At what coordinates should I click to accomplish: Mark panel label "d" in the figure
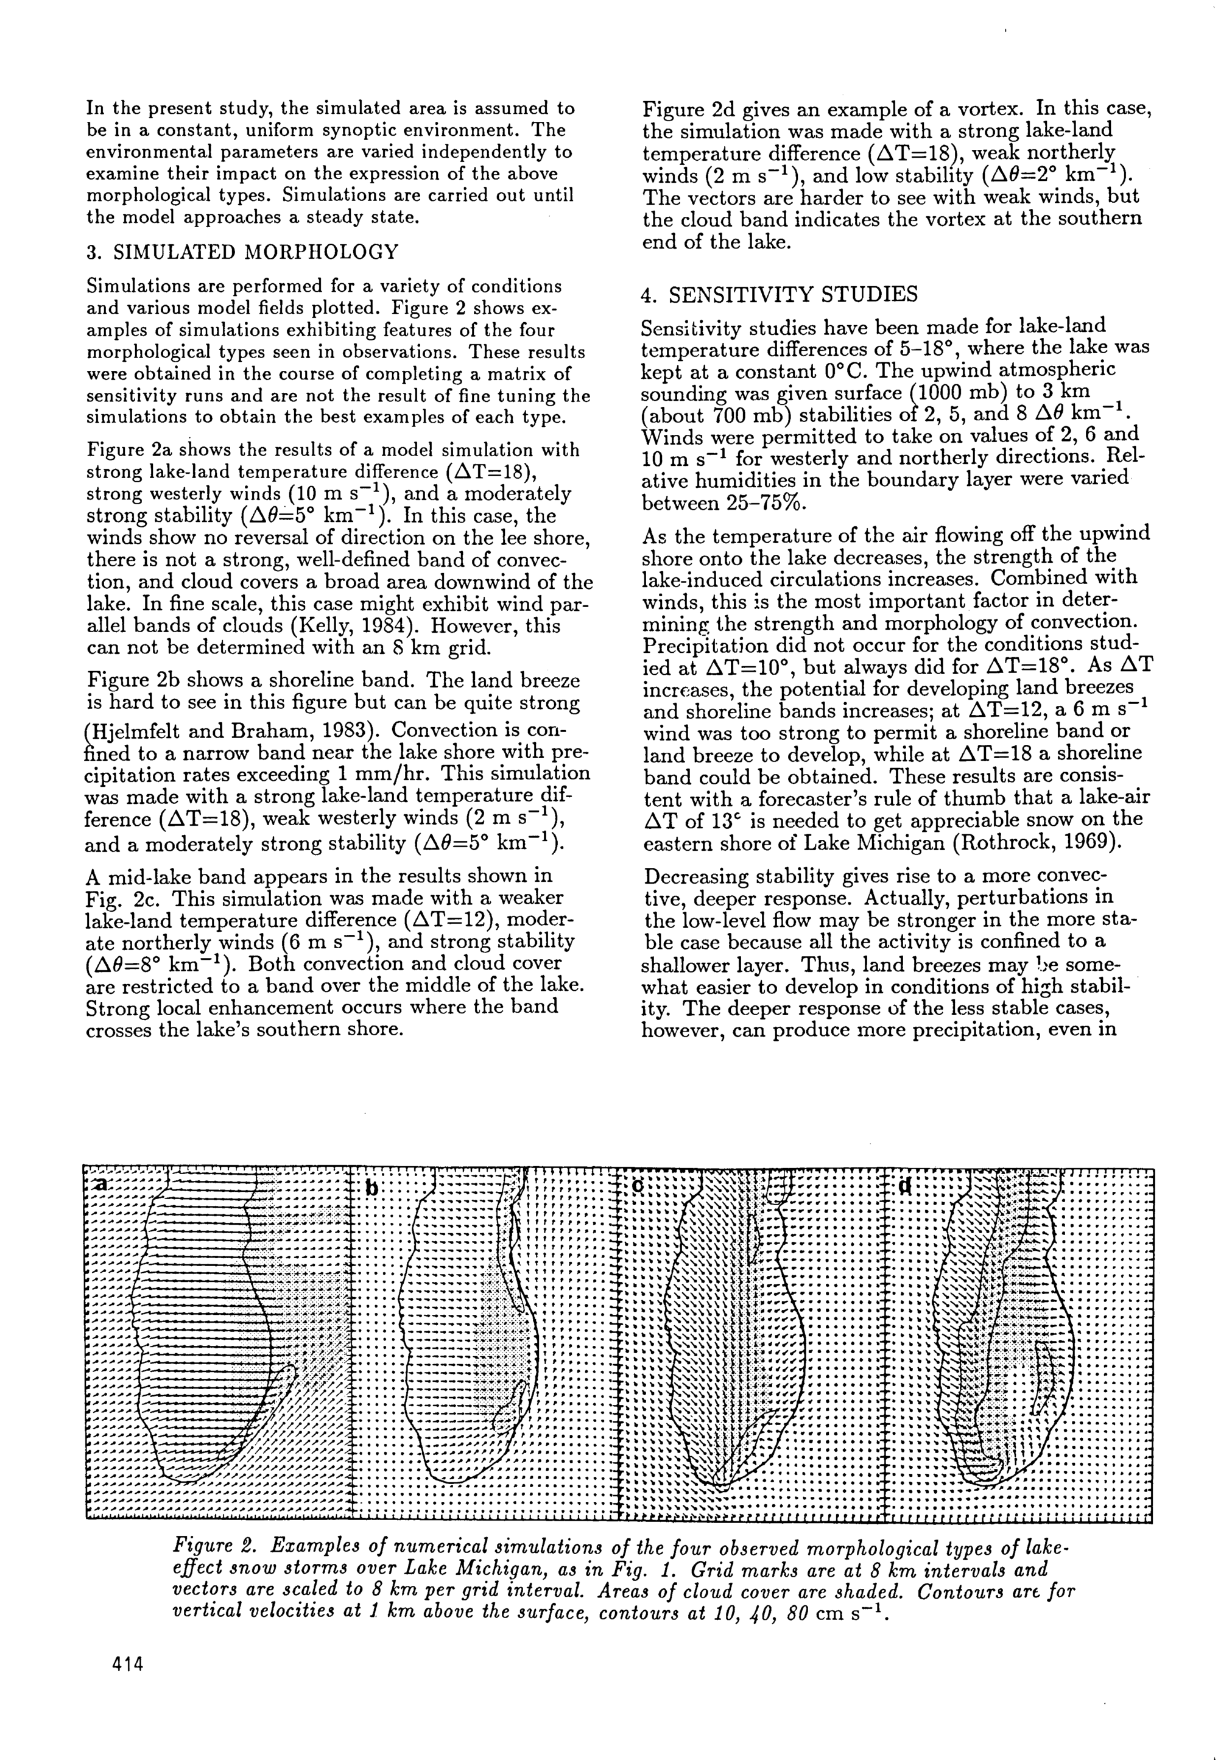tap(905, 1187)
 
